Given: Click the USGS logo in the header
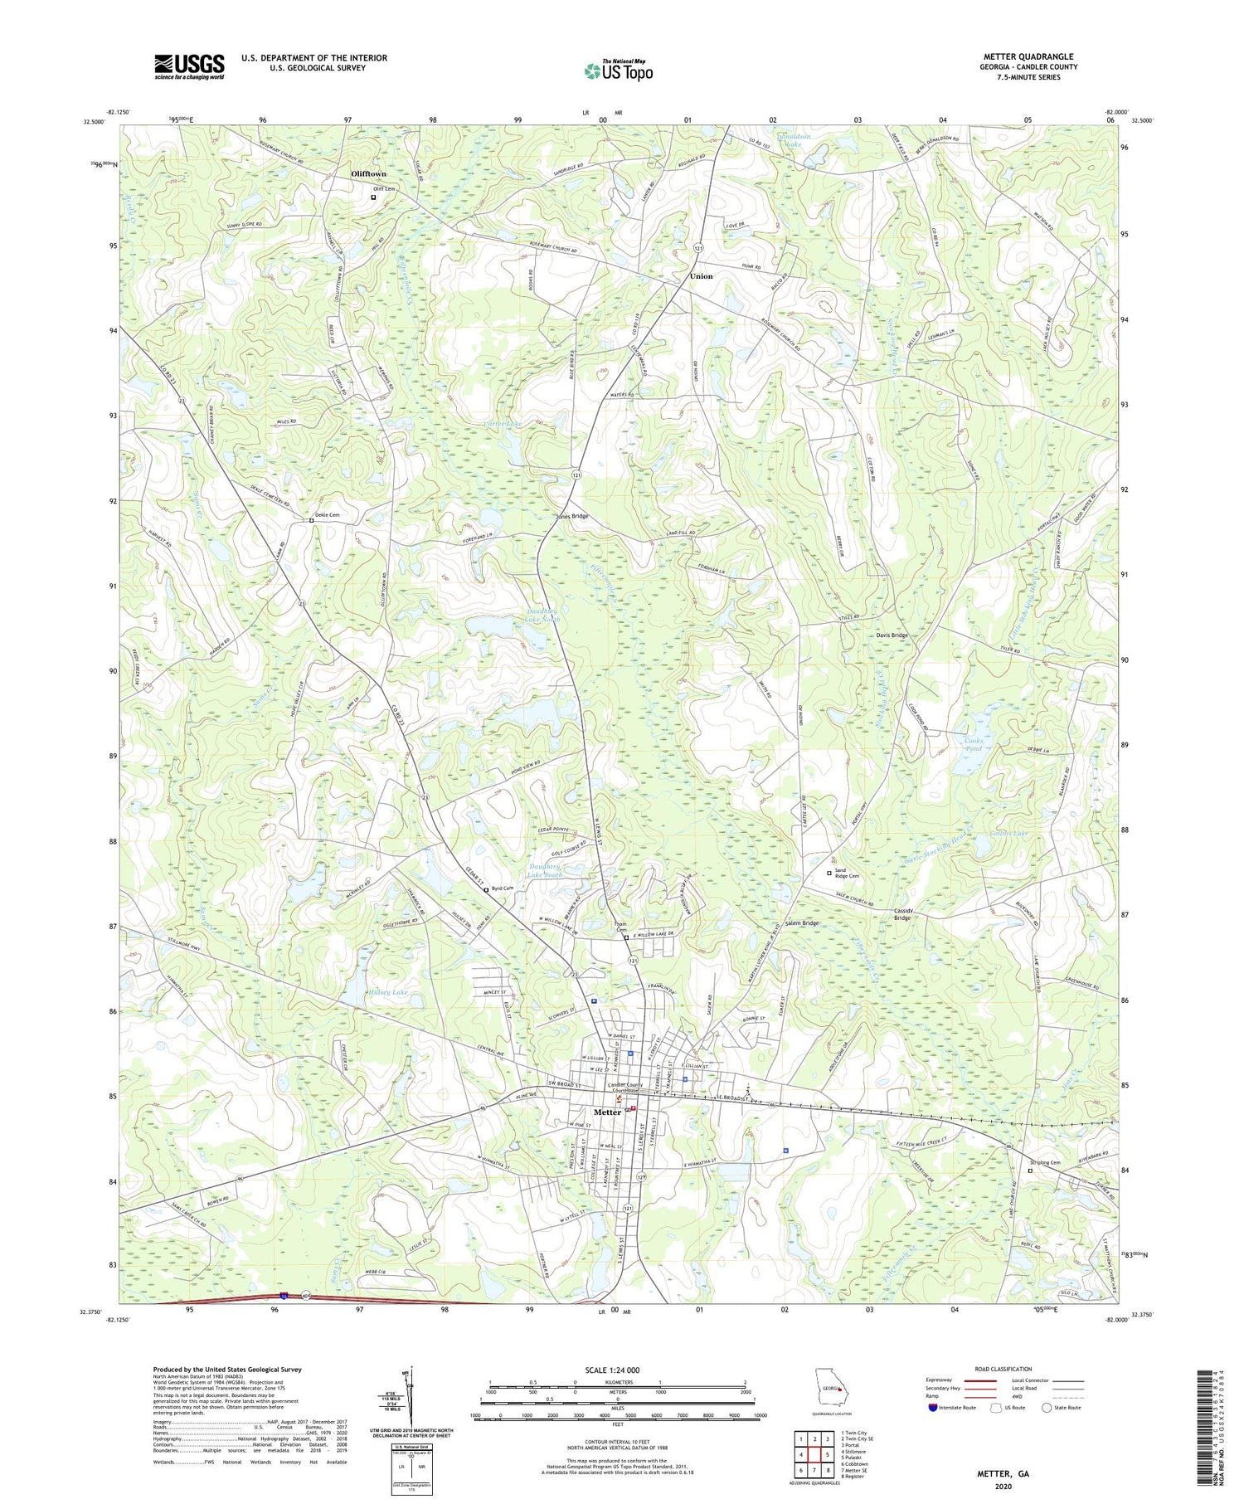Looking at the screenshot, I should tap(189, 66).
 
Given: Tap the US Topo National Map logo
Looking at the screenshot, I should tap(618, 71).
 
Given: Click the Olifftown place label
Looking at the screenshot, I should tap(368, 174).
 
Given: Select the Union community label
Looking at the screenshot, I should tap(701, 276).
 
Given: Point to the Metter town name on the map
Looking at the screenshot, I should tap(607, 1112).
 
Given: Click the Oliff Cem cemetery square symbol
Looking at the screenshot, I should tap(373, 197).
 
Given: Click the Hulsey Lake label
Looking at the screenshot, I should tap(389, 992).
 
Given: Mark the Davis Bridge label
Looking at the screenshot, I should tap(892, 635).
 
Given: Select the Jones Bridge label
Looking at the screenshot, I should tap(571, 516).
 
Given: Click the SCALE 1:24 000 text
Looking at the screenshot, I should tap(617, 1370).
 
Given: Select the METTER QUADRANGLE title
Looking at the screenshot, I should tap(1033, 56).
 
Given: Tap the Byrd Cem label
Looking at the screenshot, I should tap(503, 888).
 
